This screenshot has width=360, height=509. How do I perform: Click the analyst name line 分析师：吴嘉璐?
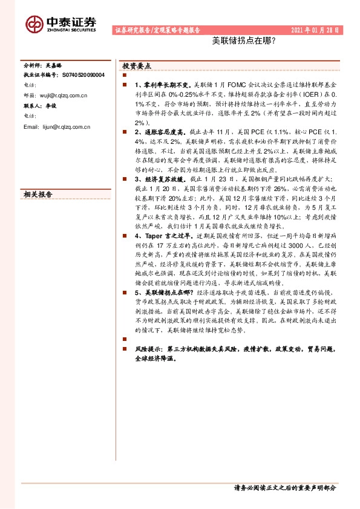pyautogui.click(x=42, y=65)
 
